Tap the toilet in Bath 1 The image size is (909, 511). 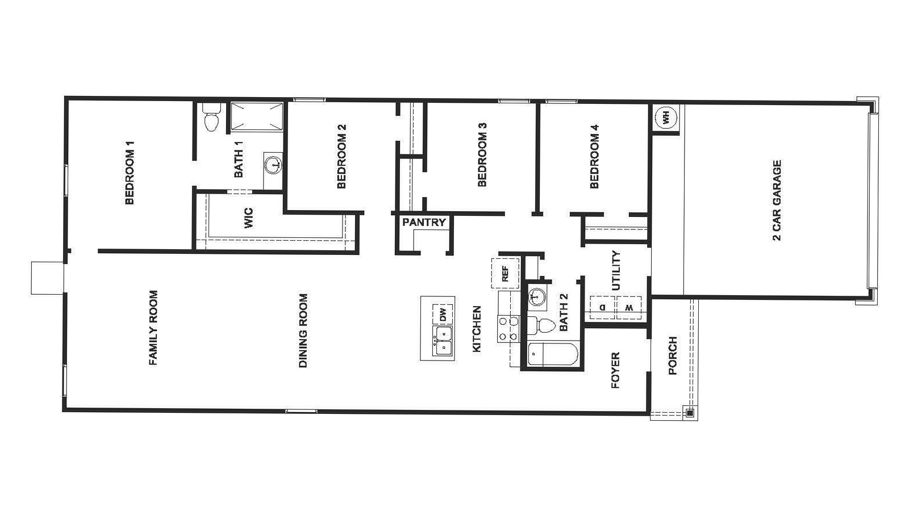coord(211,118)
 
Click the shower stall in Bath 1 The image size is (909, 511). coord(256,116)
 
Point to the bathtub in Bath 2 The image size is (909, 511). coord(552,355)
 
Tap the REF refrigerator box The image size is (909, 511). coord(505,274)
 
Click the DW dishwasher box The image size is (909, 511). coord(443,314)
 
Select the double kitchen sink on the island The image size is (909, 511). coord(443,341)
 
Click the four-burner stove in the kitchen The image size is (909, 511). coord(508,329)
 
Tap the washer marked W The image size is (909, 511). coord(629,307)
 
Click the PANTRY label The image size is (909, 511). coord(424,223)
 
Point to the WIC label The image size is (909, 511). coord(248,219)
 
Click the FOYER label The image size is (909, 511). coord(615,371)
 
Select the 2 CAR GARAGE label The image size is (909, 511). coord(777,200)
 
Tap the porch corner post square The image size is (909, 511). coord(689,413)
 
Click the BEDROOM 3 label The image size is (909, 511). coord(482,154)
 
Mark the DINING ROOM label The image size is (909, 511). coord(303,330)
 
